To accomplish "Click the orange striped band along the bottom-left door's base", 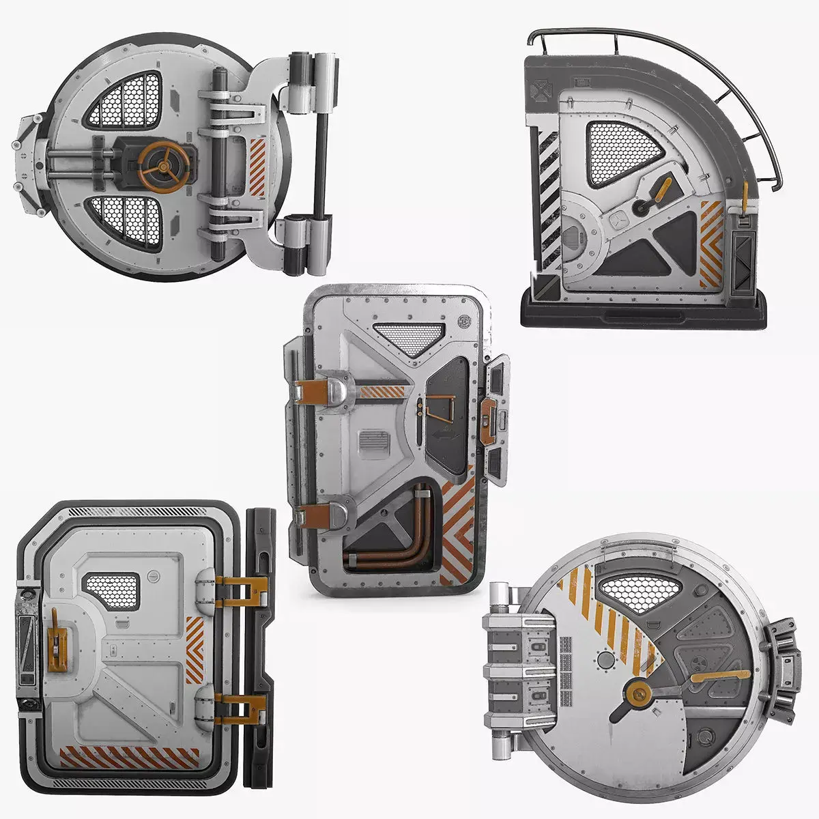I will point(129,758).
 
